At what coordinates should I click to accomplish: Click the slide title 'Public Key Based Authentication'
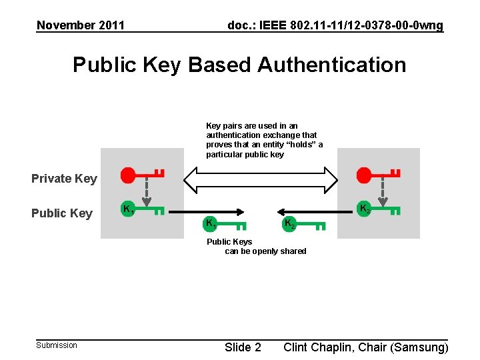click(x=239, y=65)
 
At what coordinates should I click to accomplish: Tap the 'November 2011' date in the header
click(x=81, y=25)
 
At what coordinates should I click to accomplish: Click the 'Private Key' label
click(x=64, y=178)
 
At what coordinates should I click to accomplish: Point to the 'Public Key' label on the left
click(x=62, y=213)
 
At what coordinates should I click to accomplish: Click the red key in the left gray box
click(x=142, y=175)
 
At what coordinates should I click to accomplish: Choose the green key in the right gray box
click(x=379, y=209)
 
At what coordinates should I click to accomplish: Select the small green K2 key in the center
click(x=303, y=224)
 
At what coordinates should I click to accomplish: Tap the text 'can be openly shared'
click(x=265, y=251)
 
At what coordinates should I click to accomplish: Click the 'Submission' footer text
click(x=57, y=345)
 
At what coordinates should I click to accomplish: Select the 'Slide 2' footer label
click(x=243, y=347)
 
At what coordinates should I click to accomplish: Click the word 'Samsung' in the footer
click(x=419, y=347)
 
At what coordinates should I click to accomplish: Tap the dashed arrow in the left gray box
click(x=147, y=193)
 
